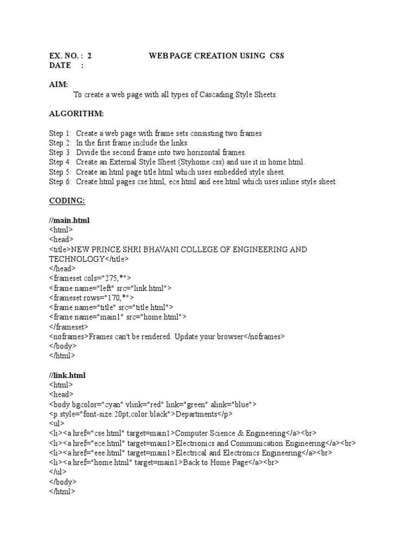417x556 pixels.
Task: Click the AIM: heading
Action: pyautogui.click(x=59, y=84)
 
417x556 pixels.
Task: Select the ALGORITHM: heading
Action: pyautogui.click(x=77, y=113)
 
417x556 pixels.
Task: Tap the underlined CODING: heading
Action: pyautogui.click(x=67, y=200)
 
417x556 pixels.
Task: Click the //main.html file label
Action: pyautogui.click(x=69, y=220)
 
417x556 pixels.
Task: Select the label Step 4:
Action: pyautogui.click(x=60, y=162)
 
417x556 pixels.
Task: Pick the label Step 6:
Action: pyautogui.click(x=60, y=181)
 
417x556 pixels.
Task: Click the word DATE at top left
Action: pyautogui.click(x=60, y=65)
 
